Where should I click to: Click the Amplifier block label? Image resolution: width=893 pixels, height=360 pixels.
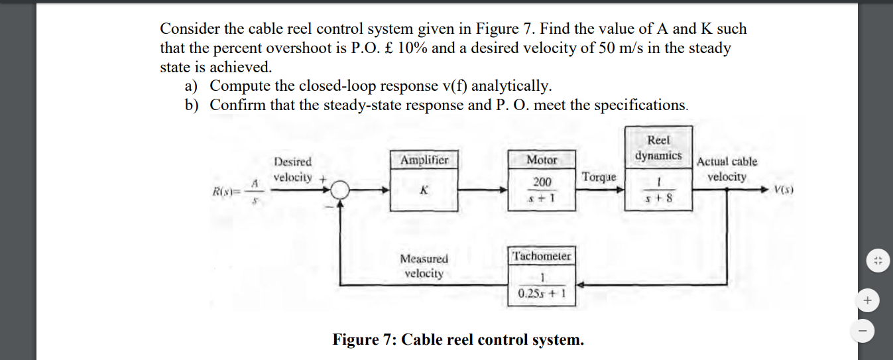tap(424, 160)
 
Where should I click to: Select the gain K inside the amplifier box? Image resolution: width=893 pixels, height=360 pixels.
tap(424, 190)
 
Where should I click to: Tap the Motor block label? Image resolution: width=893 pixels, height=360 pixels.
tap(542, 160)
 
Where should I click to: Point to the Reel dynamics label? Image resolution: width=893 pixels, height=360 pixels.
tap(658, 147)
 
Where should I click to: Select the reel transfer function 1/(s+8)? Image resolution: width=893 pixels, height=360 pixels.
tap(658, 189)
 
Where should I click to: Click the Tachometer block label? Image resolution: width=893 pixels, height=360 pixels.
tap(542, 256)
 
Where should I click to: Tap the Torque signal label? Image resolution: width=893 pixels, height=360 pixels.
tap(599, 177)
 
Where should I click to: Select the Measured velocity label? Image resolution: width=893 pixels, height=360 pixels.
tap(424, 266)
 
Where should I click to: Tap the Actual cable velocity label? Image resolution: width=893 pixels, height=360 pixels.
tap(727, 169)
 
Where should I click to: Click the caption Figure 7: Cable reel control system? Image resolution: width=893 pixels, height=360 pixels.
tap(458, 340)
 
